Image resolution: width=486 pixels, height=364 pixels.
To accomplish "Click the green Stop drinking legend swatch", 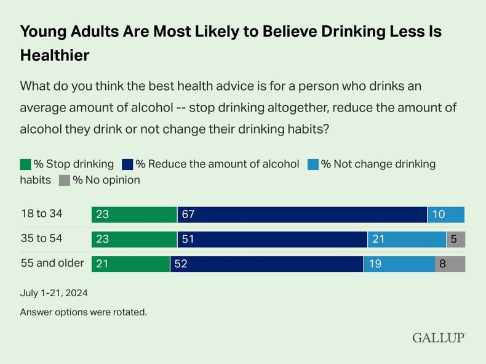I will click(25, 164).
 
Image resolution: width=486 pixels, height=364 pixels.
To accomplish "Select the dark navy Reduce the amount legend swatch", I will click(128, 164).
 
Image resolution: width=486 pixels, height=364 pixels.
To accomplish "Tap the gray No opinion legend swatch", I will click(64, 180).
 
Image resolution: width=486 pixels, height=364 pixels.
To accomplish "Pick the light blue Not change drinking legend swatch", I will click(313, 164).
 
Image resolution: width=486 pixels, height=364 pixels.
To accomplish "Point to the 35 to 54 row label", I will click(42, 239).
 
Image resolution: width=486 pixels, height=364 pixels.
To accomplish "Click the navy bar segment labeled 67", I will click(302, 214).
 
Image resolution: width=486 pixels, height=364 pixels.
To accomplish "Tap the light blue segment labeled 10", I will click(446, 214).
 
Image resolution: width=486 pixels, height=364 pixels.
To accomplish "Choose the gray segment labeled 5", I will click(455, 239).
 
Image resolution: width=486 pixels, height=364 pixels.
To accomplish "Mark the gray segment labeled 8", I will click(450, 264).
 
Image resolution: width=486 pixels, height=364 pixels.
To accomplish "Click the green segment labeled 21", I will click(130, 264).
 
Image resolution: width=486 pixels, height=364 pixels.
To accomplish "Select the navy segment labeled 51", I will click(272, 239).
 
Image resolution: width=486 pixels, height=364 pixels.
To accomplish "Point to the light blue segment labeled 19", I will click(399, 264).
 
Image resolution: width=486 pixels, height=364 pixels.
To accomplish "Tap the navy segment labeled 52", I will click(266, 264).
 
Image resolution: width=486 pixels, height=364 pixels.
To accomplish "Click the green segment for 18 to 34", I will click(134, 214).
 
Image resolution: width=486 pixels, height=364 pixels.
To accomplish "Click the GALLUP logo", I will click(439, 338).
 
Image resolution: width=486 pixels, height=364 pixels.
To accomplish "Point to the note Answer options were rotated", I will click(83, 312).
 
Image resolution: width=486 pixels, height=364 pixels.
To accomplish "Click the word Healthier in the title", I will click(55, 55).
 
